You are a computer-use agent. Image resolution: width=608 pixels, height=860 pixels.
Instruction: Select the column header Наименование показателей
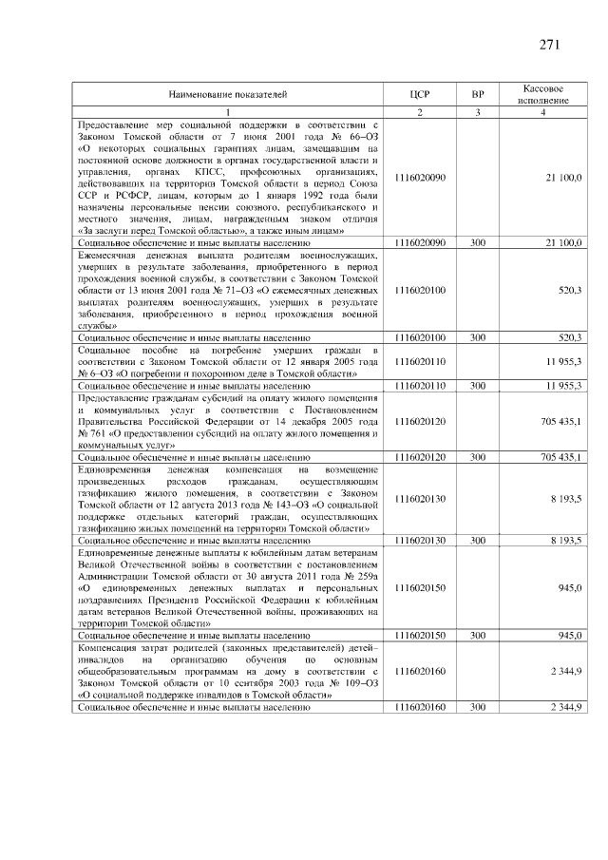(227, 95)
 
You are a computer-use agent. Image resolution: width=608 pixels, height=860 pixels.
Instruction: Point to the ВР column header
(478, 95)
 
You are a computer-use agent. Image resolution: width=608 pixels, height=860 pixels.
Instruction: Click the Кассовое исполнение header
(543, 94)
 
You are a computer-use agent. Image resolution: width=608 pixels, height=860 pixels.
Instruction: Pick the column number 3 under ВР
(478, 113)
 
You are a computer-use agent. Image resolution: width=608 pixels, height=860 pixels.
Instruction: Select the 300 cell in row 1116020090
(478, 243)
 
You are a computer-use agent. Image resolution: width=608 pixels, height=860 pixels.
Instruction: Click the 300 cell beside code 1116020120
(478, 457)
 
